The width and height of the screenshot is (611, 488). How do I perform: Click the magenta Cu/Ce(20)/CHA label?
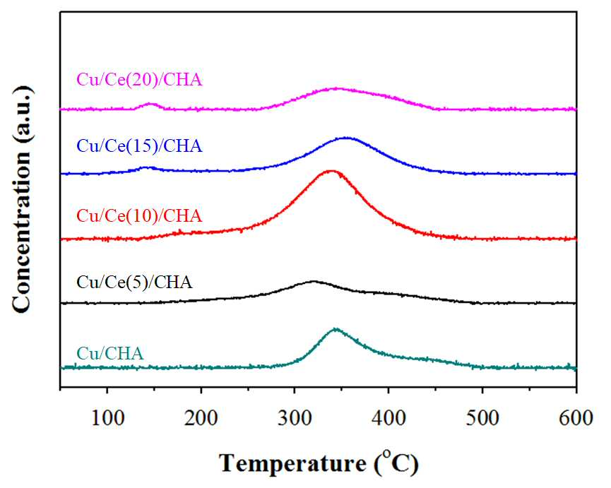tap(139, 81)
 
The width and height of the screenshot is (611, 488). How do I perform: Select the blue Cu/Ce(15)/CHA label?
tap(139, 146)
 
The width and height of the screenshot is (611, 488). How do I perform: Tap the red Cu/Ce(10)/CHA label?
tap(139, 216)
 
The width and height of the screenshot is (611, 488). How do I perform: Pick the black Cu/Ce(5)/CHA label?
tap(134, 282)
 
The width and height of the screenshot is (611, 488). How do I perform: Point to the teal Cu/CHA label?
tap(110, 354)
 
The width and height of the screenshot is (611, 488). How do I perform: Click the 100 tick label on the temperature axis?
tap(107, 418)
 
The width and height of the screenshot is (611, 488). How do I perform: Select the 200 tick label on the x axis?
tap(201, 418)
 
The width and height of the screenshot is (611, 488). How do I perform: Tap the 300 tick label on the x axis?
tap(295, 418)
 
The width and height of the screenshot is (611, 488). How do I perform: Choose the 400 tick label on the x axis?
tap(388, 418)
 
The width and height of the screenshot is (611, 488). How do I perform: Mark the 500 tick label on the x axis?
tap(482, 418)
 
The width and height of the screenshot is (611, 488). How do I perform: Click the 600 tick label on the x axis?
tap(576, 418)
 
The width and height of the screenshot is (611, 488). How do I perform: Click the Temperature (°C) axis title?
tap(319, 463)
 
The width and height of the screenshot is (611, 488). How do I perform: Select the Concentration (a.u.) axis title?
tap(23, 198)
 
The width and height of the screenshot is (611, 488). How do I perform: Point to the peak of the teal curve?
tap(335, 329)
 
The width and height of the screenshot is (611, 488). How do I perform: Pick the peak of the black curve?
tap(313, 281)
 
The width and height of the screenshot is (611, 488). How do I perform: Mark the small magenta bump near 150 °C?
tap(151, 104)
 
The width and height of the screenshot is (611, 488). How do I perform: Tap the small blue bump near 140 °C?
tap(146, 167)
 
